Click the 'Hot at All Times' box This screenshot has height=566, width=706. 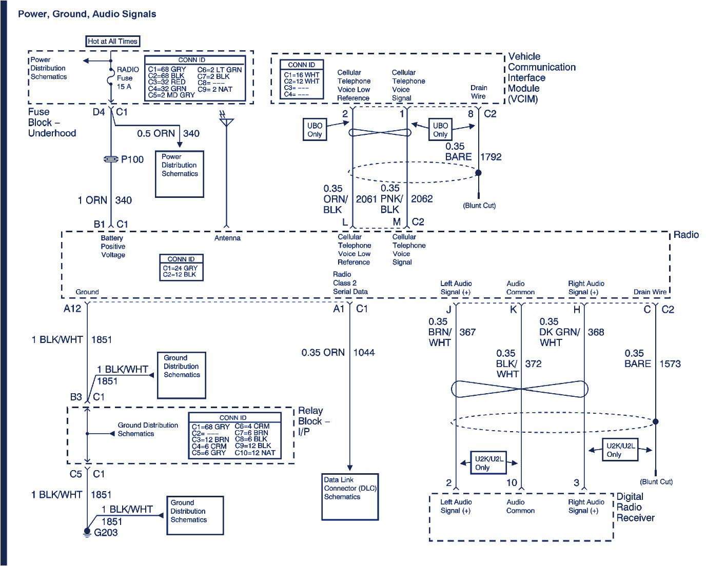tap(112, 42)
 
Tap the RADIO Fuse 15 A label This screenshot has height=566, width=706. tap(127, 78)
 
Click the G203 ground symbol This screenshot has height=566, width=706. tap(87, 533)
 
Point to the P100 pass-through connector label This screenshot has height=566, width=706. tap(132, 159)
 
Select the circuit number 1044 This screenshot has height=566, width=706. tap(364, 353)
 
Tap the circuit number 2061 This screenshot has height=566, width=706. tap(366, 199)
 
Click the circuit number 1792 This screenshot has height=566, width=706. tap(491, 157)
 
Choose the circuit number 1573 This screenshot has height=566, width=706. tap(670, 364)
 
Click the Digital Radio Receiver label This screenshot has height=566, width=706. tap(635, 507)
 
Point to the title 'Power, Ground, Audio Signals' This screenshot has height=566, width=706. tap(87, 14)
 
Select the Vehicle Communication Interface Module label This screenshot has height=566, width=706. tap(541, 77)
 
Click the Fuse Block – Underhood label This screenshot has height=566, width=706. tap(52, 123)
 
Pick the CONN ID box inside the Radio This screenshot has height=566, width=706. tap(181, 267)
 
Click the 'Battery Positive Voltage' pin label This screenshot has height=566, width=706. tap(113, 247)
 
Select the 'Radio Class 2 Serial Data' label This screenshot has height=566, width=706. tap(350, 283)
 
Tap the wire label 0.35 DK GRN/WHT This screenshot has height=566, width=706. tap(559, 332)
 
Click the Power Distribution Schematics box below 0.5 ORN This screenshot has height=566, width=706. tap(180, 174)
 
